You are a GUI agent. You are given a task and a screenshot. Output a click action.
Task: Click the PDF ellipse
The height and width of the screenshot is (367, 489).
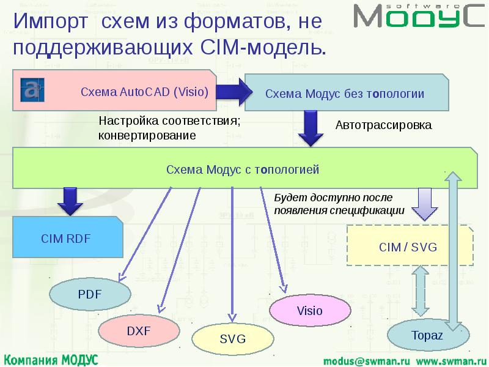coord(89,295)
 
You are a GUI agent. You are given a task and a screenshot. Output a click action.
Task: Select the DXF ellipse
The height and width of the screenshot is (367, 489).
coord(138,331)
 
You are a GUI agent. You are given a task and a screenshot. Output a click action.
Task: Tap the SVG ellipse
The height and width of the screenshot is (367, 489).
coord(232,339)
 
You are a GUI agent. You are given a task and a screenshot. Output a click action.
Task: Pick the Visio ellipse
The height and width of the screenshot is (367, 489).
coord(309,311)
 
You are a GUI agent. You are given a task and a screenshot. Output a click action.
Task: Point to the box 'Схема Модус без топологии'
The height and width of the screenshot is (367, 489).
coord(344,94)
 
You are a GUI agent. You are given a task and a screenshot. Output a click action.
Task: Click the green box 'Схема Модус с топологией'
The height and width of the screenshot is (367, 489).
coord(243,169)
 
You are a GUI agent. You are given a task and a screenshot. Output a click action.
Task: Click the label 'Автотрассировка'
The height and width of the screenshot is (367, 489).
coord(383,125)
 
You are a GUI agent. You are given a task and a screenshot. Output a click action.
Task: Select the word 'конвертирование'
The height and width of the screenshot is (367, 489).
coord(147,135)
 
